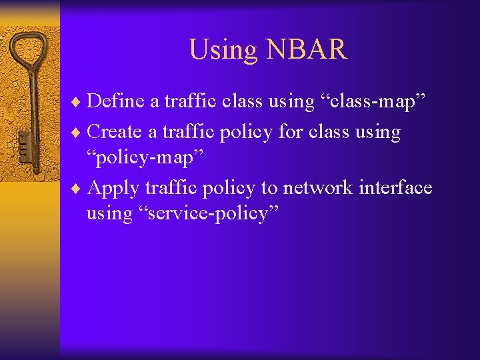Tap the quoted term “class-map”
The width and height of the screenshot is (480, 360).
click(x=375, y=101)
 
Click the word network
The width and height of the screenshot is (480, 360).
click(x=318, y=188)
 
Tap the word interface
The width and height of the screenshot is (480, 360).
click(x=395, y=188)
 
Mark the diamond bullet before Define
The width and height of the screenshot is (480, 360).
click(x=79, y=102)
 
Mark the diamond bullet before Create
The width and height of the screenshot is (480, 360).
click(x=79, y=132)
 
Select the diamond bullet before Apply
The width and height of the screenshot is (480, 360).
click(x=79, y=189)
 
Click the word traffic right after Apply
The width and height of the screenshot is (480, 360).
click(x=171, y=188)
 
